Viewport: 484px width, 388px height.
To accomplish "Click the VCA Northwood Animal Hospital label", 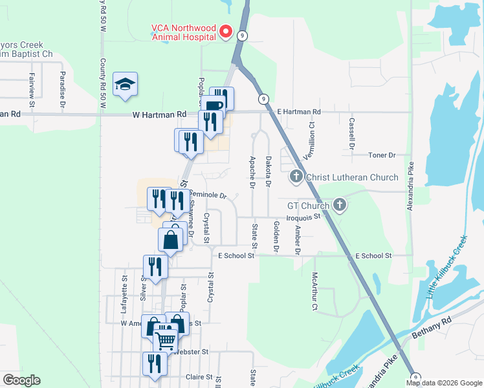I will click(182, 32).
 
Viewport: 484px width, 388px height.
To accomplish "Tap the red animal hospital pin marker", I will click(226, 31).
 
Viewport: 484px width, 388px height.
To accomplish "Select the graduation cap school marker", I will click(126, 85).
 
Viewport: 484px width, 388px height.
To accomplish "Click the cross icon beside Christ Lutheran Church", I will click(296, 176).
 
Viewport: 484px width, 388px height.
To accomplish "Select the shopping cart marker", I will click(166, 339).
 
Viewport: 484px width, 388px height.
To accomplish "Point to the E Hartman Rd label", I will click(299, 112).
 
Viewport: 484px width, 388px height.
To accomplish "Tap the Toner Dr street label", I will click(381, 155).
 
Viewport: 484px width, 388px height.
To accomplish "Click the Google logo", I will click(21, 380).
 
